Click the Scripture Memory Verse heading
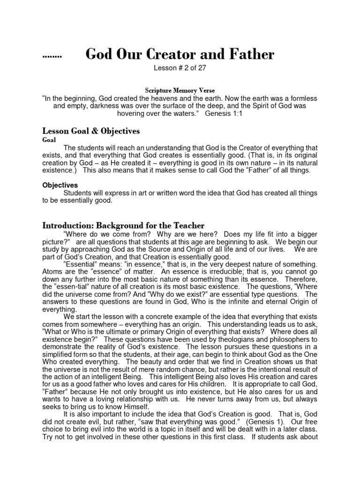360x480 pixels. [x=180, y=90]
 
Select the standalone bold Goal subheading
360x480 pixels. [x=49, y=140]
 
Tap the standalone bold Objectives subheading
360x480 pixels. [x=60, y=185]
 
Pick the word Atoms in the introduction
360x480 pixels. [x=52, y=271]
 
